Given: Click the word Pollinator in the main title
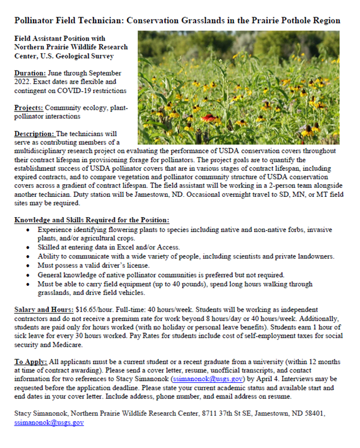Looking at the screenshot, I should pyautogui.click(x=38, y=21).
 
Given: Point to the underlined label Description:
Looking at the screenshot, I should pyautogui.click(x=34, y=134).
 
